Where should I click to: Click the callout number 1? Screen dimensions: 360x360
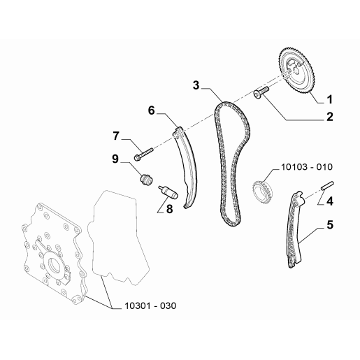pos(329,99)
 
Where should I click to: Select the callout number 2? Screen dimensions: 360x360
pos(330,117)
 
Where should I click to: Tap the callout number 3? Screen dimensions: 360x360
pos(196,85)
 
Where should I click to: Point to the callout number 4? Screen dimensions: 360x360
pos(330,201)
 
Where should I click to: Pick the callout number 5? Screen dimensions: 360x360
pos(330,225)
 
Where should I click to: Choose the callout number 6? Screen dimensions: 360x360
pos(152,110)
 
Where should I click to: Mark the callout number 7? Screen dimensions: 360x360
pos(116,136)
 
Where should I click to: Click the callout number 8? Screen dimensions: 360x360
pos(169,209)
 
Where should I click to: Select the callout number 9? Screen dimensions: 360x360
pos(115,159)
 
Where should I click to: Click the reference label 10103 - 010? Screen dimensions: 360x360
pos(307,167)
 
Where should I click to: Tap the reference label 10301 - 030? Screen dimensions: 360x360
pos(150,305)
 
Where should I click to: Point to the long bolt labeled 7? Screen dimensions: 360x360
pos(143,153)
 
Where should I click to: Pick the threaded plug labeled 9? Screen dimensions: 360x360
pos(145,179)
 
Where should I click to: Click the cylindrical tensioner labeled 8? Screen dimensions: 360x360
pos(168,192)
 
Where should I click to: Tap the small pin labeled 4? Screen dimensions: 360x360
pos(328,186)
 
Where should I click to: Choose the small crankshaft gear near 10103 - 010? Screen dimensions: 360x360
pos(262,190)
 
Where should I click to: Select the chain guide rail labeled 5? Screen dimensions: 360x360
pos(294,229)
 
